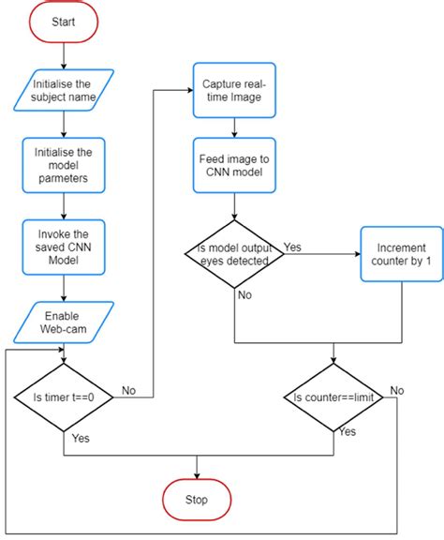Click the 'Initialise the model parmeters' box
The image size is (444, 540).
pos(63,164)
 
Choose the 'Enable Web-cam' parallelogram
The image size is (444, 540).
pos(63,322)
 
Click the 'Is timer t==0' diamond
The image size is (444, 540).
pos(63,397)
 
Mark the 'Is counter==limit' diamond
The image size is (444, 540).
pos(334,398)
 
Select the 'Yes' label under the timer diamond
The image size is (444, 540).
pos(81,438)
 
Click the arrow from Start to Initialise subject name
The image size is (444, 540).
pos(63,53)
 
